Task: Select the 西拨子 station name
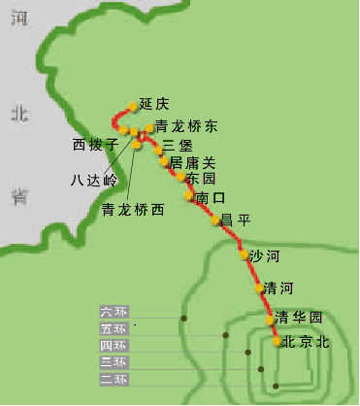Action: tap(95, 145)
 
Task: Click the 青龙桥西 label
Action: tap(133, 209)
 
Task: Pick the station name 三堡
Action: tap(178, 146)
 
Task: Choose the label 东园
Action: tap(201, 180)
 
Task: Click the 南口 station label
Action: tap(210, 198)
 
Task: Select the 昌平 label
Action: tap(236, 220)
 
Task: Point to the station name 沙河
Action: tap(264, 256)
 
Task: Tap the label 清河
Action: tap(278, 288)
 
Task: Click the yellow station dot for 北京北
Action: tap(277, 341)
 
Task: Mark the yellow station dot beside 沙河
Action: tap(244, 256)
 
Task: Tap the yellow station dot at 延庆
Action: tap(134, 107)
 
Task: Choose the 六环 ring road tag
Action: tap(114, 312)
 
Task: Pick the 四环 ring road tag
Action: tap(114, 346)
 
